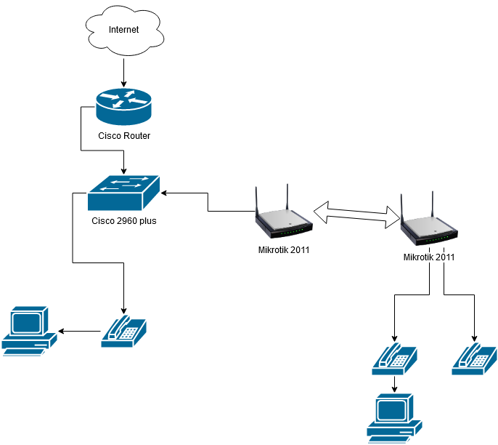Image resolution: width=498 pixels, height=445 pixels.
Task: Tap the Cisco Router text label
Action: pos(123,136)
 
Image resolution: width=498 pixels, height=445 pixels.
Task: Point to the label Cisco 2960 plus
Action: pos(124,221)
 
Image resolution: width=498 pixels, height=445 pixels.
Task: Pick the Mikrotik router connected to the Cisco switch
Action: pos(284,218)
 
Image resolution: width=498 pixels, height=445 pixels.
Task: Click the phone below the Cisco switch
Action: pos(124,329)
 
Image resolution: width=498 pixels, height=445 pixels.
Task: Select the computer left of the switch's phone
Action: pos(30,332)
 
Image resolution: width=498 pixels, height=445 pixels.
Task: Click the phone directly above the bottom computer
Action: pos(394,358)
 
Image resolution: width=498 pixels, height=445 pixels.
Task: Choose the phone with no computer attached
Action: pos(474,358)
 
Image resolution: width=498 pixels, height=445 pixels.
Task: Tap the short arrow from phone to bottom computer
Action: pos(394,384)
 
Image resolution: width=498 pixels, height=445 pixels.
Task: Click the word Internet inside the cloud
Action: pos(123,30)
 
